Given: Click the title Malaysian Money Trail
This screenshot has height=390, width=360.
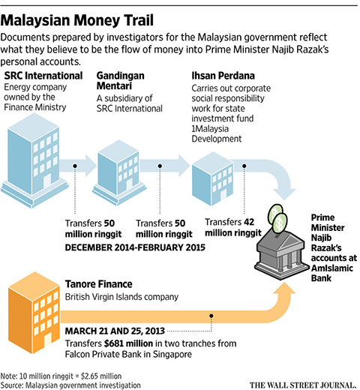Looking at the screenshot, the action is [x=77, y=20].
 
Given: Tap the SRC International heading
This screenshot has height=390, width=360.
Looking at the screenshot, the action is [x=43, y=76].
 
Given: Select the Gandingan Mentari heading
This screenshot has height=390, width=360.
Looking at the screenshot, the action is [x=120, y=80].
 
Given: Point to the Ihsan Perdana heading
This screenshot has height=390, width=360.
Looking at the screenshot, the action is [x=223, y=76].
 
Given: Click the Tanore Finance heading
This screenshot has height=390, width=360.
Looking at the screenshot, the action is [x=99, y=284].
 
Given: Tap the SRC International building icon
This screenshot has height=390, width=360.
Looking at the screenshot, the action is [x=34, y=160].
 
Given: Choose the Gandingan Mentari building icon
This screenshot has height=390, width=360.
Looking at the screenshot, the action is [x=119, y=172].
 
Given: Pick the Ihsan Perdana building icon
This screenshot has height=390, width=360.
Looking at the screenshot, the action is [x=212, y=178].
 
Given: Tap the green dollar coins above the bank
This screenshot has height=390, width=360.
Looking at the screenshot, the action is [x=277, y=219].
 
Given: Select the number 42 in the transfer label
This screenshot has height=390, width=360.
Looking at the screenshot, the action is [x=249, y=222].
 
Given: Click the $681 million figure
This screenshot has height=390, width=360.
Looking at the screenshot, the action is [x=128, y=343].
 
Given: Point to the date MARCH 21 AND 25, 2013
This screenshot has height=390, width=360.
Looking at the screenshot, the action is [x=115, y=331].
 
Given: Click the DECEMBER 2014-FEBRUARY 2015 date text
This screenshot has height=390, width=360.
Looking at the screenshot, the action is [x=135, y=247].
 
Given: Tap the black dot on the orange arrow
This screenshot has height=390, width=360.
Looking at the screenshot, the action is [x=211, y=316].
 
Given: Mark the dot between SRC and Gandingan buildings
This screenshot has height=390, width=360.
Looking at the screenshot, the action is [x=75, y=166].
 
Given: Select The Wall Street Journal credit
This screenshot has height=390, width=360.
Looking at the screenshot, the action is [x=303, y=385].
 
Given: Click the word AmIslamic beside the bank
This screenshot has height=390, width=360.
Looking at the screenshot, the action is [x=332, y=268].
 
